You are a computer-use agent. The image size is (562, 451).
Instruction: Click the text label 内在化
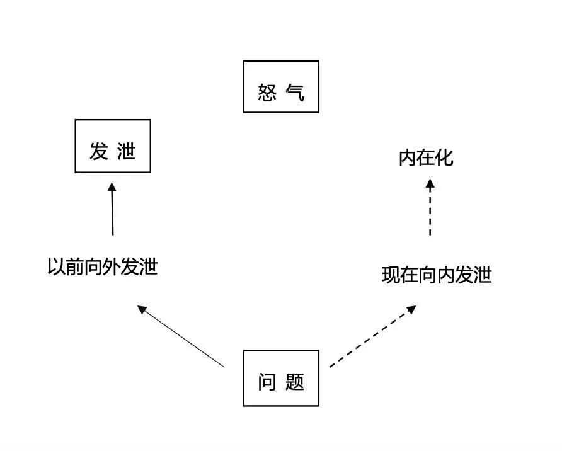coord(426,158)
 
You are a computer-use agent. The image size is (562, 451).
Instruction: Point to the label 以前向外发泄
coord(103,266)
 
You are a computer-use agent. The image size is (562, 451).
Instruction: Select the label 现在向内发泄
coord(437,275)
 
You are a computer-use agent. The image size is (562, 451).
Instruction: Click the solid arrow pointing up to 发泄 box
coord(112,209)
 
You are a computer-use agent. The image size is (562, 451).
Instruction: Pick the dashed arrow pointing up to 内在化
coord(430,207)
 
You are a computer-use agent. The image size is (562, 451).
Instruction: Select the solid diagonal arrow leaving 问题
coord(181,336)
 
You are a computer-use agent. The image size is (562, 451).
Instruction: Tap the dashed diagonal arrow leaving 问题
coord(373,336)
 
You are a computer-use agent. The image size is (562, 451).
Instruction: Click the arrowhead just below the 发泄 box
coord(112,186)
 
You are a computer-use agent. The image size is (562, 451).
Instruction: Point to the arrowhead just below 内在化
coord(430,183)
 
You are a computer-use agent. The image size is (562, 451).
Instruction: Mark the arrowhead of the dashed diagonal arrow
coord(412,309)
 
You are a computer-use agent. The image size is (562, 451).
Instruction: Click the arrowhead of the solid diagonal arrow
coord(142,309)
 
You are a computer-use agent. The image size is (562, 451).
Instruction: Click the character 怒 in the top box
coord(267,93)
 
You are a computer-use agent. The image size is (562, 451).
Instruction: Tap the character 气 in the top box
coord(295,93)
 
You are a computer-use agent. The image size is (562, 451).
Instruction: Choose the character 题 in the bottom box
coord(295,382)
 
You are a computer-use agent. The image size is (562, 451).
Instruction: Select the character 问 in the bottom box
coord(267,382)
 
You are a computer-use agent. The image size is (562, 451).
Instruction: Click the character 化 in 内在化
coord(444,158)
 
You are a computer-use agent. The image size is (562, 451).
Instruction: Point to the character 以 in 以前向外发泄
coord(57,266)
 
